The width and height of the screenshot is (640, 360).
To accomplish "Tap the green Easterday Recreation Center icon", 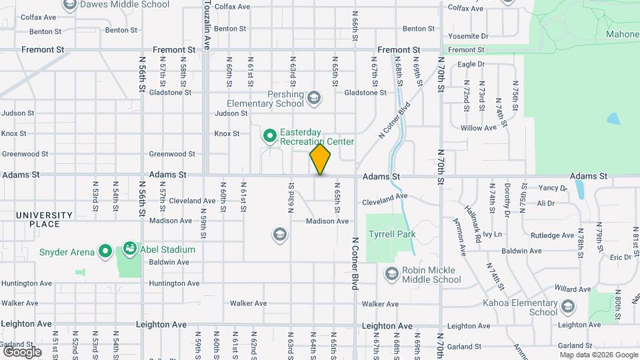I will click(270, 136).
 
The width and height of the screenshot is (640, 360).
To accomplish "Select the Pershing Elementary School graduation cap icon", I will click(313, 99).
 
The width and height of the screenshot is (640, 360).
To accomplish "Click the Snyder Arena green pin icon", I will click(105, 251).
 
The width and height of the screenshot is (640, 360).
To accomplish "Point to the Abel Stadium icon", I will click(129, 250).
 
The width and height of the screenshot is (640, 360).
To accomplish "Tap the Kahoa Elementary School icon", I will click(568, 307).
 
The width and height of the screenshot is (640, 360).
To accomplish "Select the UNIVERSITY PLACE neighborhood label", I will click(44, 219).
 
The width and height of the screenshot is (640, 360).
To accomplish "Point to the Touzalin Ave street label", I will click(207, 25).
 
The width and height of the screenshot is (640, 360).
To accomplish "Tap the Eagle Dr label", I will click(471, 64).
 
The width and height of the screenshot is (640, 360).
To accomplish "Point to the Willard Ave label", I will click(573, 289).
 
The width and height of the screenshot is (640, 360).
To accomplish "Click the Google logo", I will click(22, 351).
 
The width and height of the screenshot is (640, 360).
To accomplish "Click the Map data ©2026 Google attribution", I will click(598, 355).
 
